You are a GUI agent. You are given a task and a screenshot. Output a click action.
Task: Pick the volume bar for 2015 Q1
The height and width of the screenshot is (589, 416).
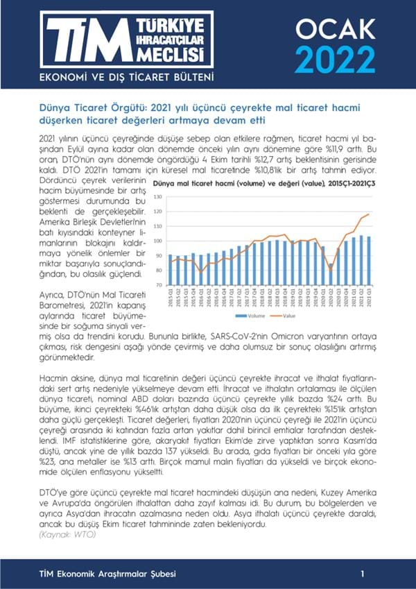[171, 270]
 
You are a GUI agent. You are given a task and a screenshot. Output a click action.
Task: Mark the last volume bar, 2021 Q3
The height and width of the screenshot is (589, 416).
[368, 261]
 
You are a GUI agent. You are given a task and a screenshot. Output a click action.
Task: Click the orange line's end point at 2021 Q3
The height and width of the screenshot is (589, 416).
[368, 214]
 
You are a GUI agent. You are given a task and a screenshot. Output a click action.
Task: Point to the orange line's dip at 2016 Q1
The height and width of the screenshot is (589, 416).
[201, 271]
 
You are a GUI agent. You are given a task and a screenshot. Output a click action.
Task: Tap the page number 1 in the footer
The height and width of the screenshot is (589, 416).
[363, 574]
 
